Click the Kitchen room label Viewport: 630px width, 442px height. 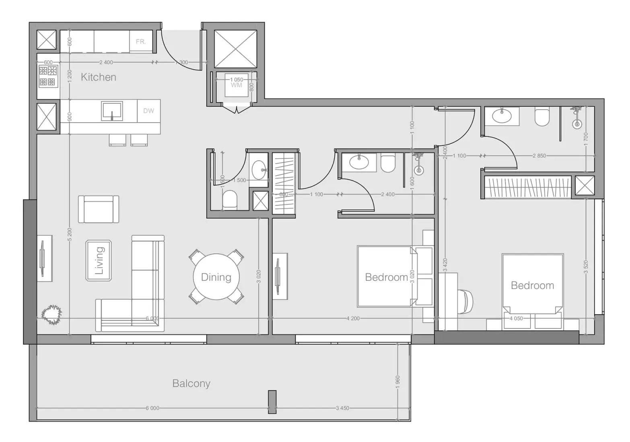coord(99,77)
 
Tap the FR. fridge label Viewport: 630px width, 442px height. coord(140,41)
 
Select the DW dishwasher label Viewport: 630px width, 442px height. coord(148,111)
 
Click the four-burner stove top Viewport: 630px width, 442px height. coord(48,76)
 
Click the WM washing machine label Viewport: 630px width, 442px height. coord(236,85)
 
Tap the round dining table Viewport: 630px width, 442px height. coord(216,277)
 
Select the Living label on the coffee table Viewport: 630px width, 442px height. coord(99,260)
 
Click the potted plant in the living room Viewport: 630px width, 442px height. coord(51,315)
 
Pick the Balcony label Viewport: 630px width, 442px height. coord(191,383)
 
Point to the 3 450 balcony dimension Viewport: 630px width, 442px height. coord(342,408)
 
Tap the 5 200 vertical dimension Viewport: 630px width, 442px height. coord(70,234)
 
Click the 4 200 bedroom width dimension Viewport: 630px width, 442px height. coord(353,318)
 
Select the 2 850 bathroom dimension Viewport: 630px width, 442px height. coord(539,156)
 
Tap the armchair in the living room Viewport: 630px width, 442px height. coord(99,209)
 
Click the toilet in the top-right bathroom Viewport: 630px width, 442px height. coord(542,117)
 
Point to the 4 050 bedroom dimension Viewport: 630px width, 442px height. coord(516,318)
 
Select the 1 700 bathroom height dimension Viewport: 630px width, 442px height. coord(586,139)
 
